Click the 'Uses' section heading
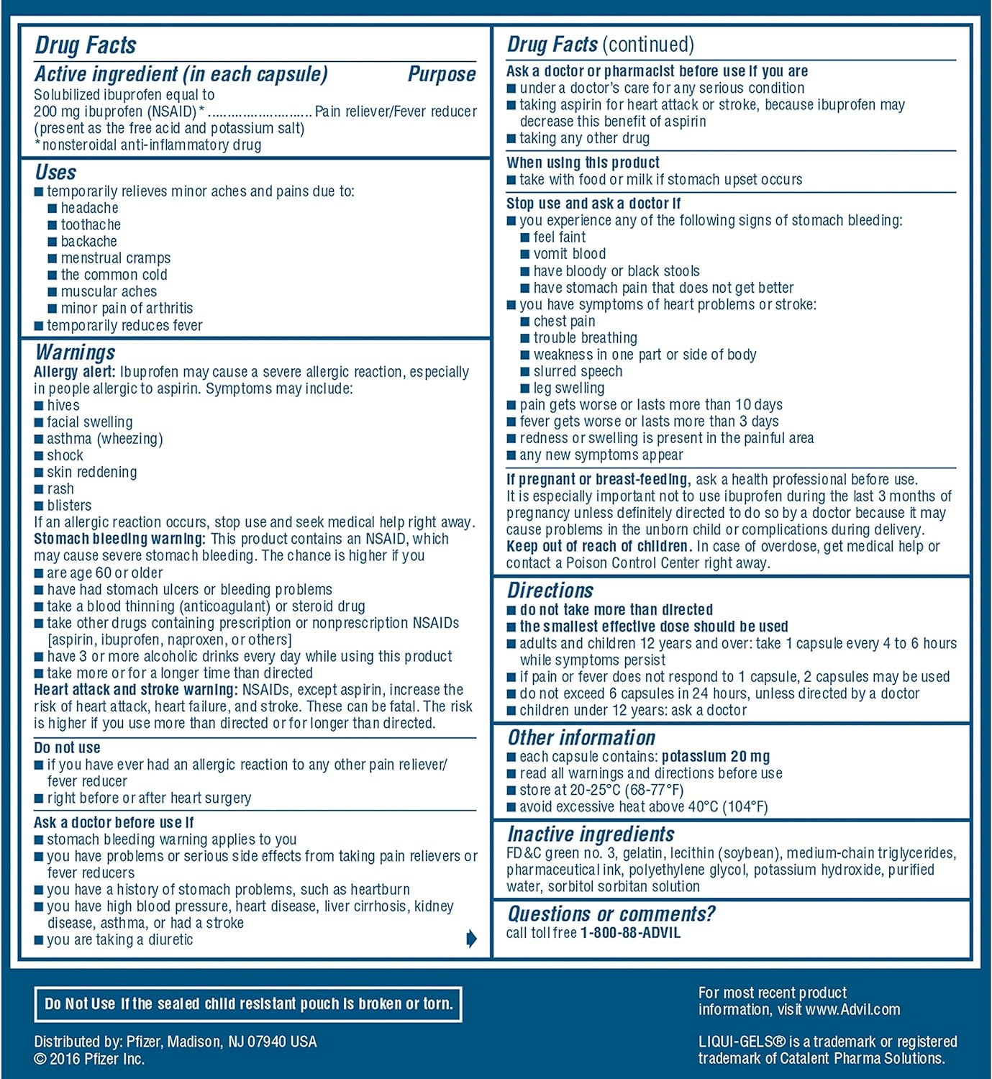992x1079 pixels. pos(55,173)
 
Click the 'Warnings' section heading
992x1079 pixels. pos(75,352)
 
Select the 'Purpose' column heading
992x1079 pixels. pos(441,74)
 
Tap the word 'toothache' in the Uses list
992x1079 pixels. pos(91,224)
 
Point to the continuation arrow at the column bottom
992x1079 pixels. pos(471,938)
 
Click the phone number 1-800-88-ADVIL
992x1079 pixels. pos(630,933)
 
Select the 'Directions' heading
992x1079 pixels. pos(550,591)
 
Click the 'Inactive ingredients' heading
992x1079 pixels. pos(591,834)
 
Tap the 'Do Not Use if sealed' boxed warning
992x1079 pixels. pos(248,1003)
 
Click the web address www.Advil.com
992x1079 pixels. pos(852,1009)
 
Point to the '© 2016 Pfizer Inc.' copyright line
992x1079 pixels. pos(89,1059)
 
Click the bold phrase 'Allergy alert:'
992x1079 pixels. pos(74,372)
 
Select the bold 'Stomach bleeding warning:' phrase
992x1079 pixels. pos(119,539)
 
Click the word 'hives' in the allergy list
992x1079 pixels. pos(63,406)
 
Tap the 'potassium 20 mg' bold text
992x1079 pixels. pos(716,757)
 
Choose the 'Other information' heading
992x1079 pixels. pos(581,738)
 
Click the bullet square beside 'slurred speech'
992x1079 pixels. pos(525,372)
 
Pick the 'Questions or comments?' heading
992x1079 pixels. pos(611,914)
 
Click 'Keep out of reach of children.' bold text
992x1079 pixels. pos(599,546)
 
